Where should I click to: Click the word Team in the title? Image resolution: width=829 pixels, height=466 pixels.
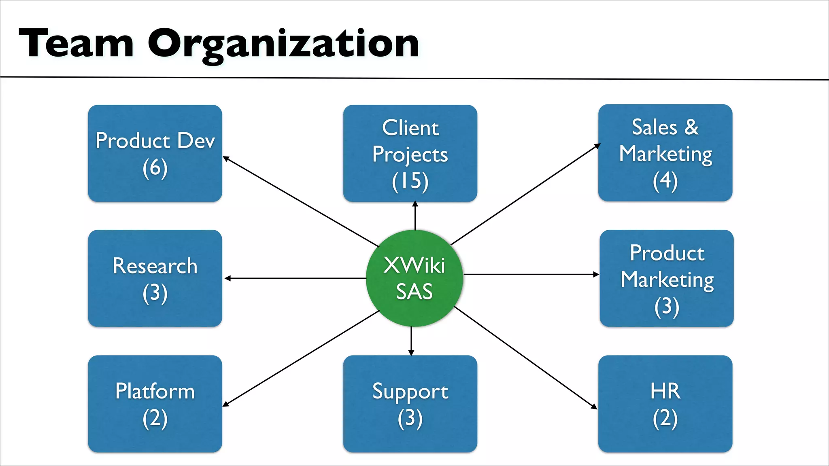76,43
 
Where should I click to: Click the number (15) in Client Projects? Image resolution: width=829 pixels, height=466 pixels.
410,181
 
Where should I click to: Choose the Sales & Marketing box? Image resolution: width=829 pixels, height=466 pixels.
665,153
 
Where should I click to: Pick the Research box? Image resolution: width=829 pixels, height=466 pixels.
155,278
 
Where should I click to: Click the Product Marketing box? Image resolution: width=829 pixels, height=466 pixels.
667,278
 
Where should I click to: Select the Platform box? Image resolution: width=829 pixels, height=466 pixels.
155,404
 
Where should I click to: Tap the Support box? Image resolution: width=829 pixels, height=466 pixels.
410,404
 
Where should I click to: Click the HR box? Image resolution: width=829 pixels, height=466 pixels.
665,404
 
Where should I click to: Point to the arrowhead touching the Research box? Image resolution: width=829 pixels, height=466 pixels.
227,278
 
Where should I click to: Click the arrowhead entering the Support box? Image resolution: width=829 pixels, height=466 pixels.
411,353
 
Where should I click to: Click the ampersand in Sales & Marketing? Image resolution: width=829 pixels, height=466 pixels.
691,127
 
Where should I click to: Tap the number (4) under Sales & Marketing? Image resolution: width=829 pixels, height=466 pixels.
665,181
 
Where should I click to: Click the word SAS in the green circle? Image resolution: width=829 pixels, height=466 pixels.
414,291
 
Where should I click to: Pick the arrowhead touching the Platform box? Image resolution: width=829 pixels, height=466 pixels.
226,404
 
